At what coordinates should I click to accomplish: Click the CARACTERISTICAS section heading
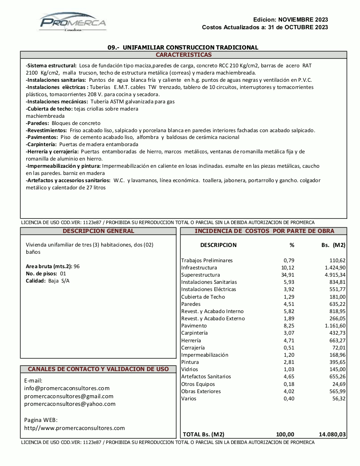[183, 55]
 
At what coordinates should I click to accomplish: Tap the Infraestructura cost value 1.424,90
[335, 268]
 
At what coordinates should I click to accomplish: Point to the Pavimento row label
[194, 326]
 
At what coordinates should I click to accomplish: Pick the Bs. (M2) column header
[333, 245]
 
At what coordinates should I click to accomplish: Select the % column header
[291, 245]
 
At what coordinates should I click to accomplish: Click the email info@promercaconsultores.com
[67, 388]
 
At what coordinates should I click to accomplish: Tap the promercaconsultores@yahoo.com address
[70, 404]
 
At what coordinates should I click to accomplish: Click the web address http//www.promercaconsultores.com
[75, 428]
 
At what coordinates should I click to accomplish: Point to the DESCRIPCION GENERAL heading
[98, 231]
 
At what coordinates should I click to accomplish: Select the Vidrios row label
[190, 369]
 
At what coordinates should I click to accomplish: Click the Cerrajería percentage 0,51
[288, 347]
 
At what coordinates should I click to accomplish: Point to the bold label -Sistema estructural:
[51, 66]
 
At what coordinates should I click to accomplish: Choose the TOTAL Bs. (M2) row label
[203, 434]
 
